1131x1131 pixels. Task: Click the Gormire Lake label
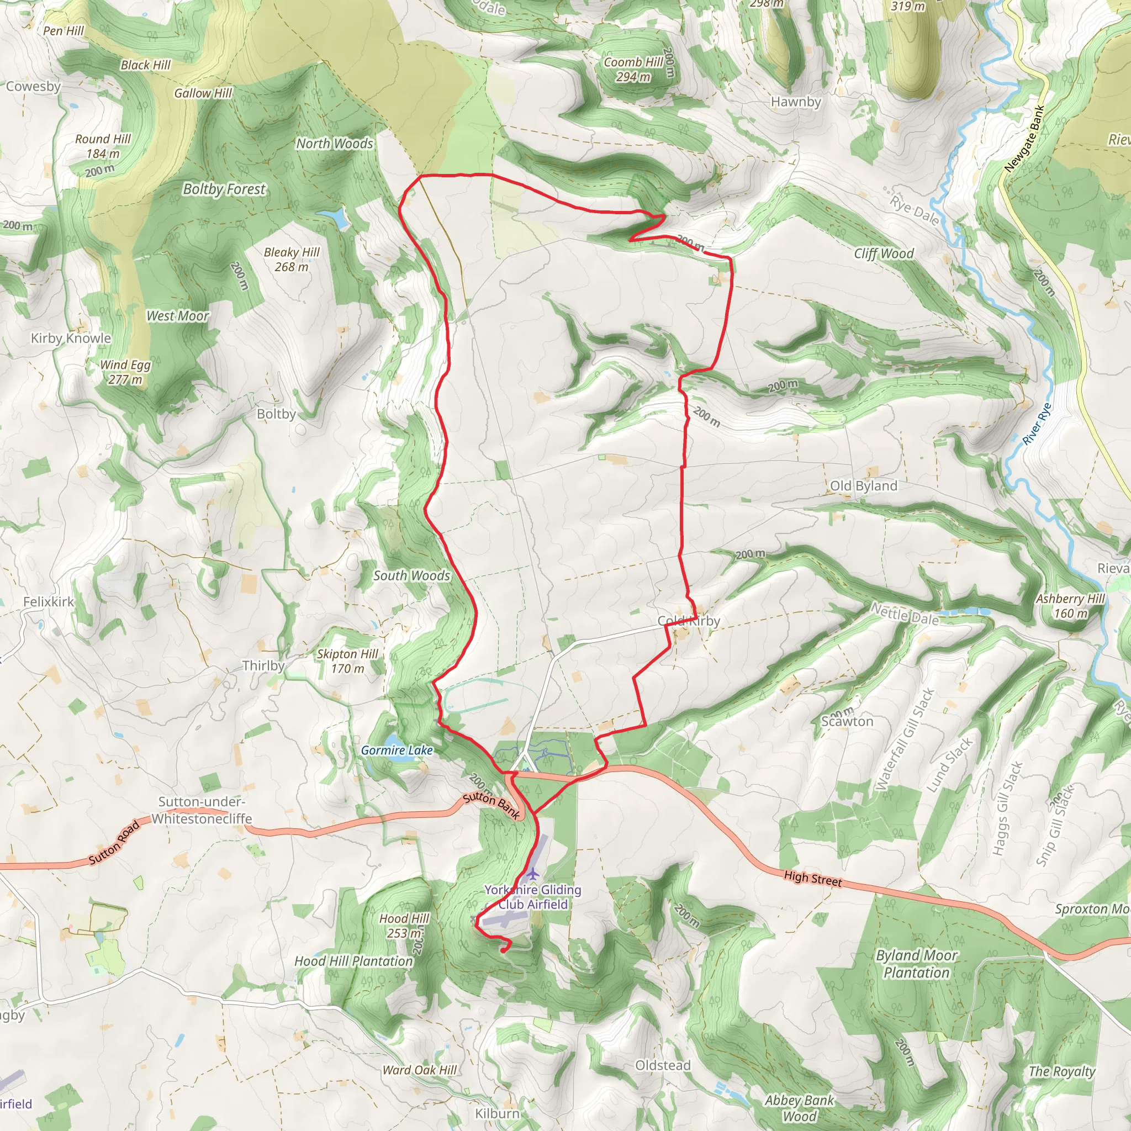pos(397,750)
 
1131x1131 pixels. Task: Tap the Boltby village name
pos(276,414)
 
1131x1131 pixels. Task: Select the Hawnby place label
pos(796,102)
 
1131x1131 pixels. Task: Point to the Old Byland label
pos(863,486)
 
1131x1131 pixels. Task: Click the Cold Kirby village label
pos(689,621)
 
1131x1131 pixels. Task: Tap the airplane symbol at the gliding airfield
pos(532,875)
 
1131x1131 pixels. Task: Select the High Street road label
pos(812,878)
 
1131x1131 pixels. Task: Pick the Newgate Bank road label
pos(1024,139)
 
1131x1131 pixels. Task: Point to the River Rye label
pos(1037,424)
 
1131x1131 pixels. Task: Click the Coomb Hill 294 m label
pos(633,69)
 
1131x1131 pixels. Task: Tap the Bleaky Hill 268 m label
pos(292,260)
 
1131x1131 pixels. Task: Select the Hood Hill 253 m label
pos(404,926)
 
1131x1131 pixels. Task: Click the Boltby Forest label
pos(224,189)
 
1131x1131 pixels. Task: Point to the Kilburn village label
pos(497,1113)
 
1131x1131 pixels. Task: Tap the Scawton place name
pos(847,722)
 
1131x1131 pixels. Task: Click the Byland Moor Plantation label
pos(916,964)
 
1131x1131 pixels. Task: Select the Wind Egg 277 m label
pos(125,372)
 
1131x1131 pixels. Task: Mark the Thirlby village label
pos(263,665)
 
